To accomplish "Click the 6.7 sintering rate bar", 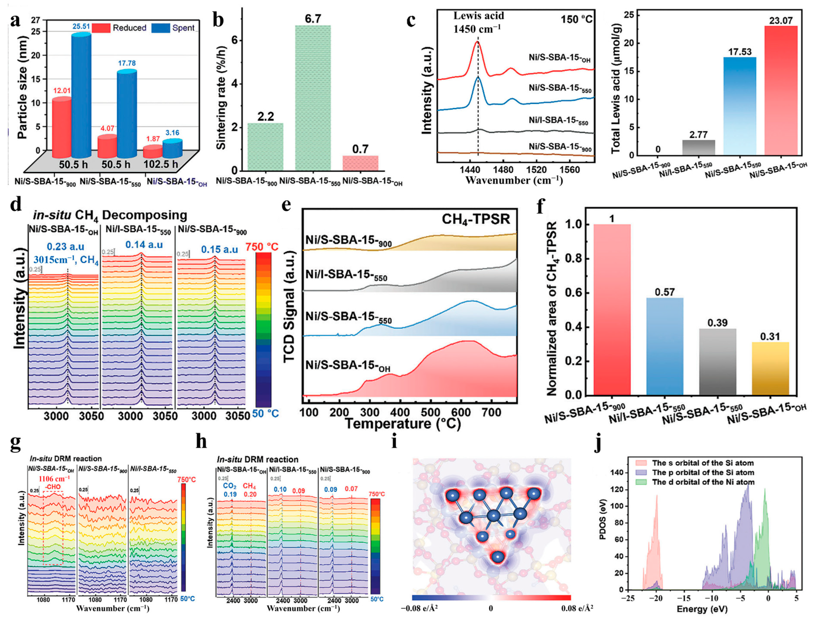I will point(313,98).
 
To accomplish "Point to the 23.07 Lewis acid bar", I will point(781,91).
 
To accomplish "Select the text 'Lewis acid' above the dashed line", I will point(479,16).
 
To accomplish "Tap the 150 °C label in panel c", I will point(576,19).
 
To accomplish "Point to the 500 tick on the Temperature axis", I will point(430,412).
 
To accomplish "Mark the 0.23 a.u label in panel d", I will point(66,247).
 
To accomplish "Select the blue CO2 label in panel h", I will point(230,486).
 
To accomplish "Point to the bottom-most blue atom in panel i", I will point(498,557).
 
